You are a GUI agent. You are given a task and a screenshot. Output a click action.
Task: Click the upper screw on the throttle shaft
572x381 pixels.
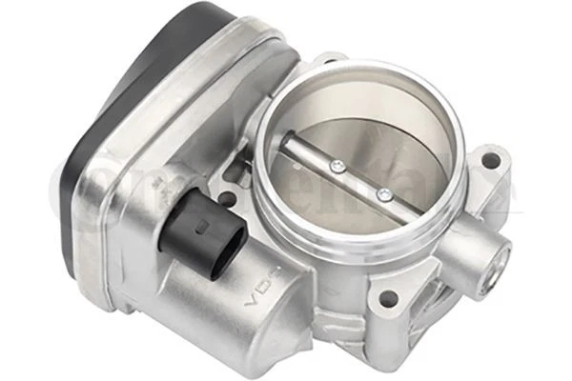(x=336, y=168)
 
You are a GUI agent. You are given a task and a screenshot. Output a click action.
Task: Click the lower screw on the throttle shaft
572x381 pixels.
(x=383, y=195)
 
